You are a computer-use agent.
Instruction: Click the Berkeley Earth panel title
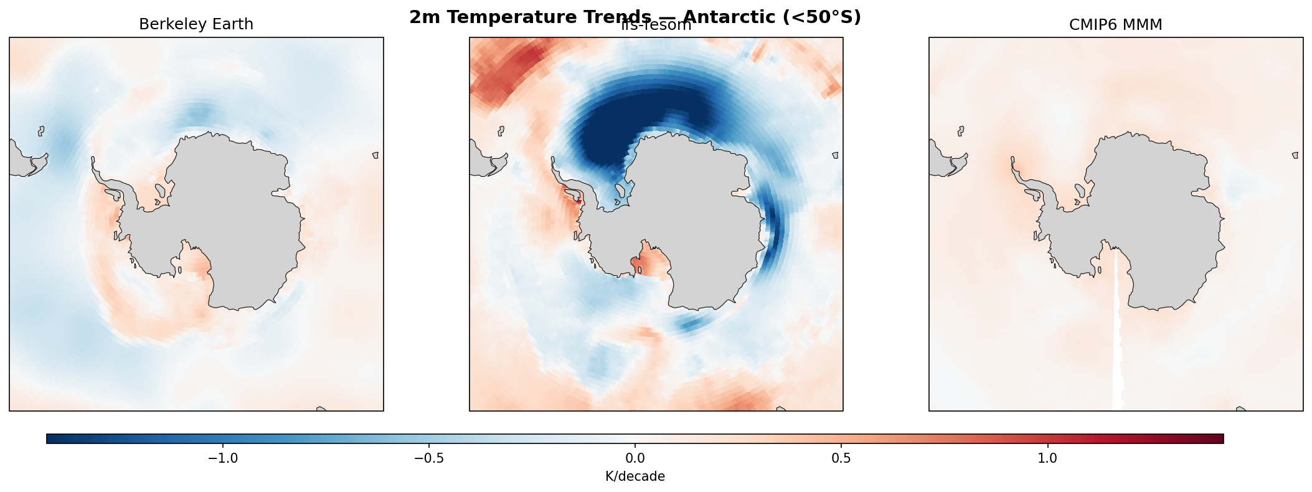point(196,24)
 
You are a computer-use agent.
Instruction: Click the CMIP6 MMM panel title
point(1115,24)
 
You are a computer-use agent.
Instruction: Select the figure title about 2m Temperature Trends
point(635,17)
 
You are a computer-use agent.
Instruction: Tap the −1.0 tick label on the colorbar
point(222,458)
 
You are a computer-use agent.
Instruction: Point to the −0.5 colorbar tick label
point(428,458)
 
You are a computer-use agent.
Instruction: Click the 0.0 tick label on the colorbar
point(635,458)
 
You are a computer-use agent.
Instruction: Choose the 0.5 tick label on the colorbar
point(841,458)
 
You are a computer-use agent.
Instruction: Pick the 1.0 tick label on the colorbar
point(1047,458)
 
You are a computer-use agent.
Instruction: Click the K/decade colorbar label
point(635,476)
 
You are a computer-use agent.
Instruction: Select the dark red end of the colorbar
point(1214,438)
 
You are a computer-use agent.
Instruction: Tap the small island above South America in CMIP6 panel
point(961,131)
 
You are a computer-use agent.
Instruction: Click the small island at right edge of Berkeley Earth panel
point(375,155)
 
